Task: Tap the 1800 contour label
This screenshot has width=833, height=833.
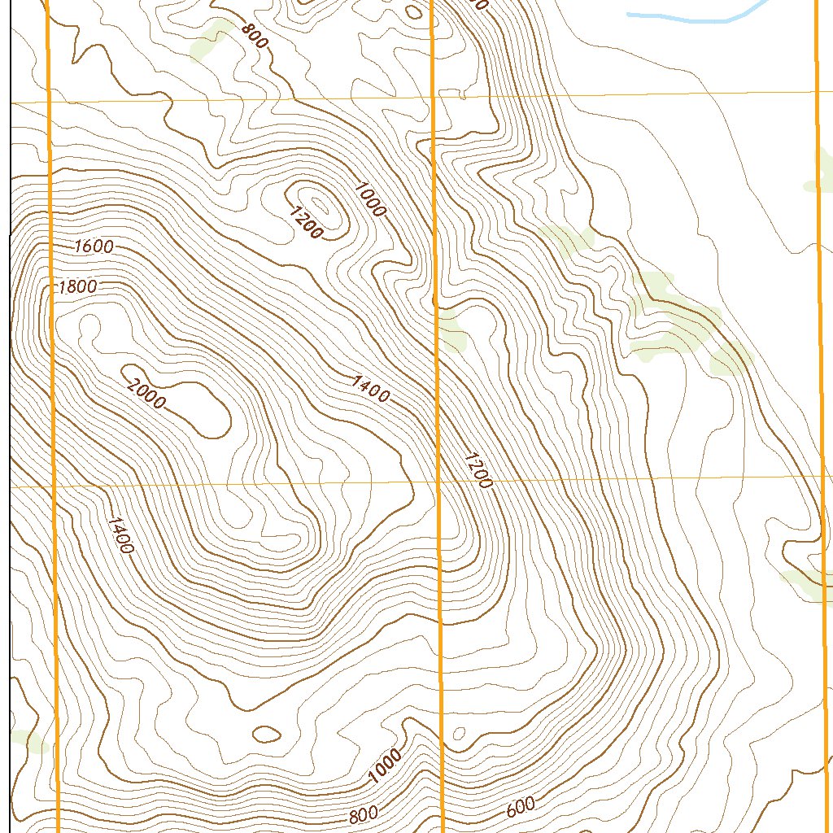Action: [78, 286]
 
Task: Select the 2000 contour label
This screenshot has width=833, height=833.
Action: [146, 395]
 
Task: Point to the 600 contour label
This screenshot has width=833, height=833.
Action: [521, 807]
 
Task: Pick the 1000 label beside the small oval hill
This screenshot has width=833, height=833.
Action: [369, 198]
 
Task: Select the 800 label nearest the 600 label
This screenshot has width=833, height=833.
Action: [363, 814]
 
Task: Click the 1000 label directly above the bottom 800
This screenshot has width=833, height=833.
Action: [384, 766]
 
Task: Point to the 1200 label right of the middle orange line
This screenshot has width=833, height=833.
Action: [478, 470]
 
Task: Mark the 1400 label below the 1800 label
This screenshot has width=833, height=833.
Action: [119, 534]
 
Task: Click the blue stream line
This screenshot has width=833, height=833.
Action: [691, 15]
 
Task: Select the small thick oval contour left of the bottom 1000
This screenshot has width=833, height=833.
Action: [266, 734]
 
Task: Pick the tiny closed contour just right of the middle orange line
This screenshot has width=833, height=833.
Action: [458, 734]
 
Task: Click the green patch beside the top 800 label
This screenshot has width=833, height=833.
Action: [210, 41]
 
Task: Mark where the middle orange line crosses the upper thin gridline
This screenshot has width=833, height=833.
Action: [432, 98]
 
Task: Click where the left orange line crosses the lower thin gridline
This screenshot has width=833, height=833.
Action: [54, 486]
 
